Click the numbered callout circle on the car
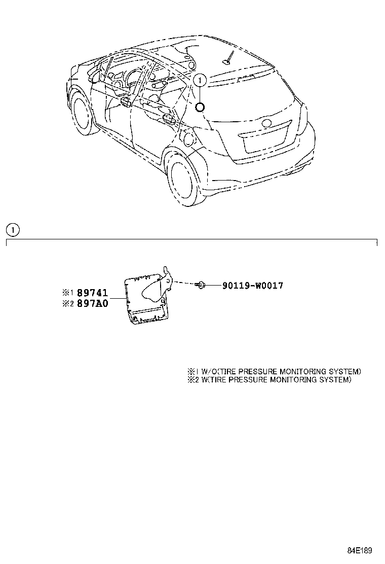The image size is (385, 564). (200, 79)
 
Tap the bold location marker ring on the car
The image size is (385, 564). (200, 107)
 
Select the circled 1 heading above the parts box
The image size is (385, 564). (13, 230)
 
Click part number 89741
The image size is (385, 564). (93, 293)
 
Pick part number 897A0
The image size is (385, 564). (93, 304)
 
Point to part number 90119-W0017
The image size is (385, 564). (252, 286)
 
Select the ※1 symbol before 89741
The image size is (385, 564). (68, 293)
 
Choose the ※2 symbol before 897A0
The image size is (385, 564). (68, 304)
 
